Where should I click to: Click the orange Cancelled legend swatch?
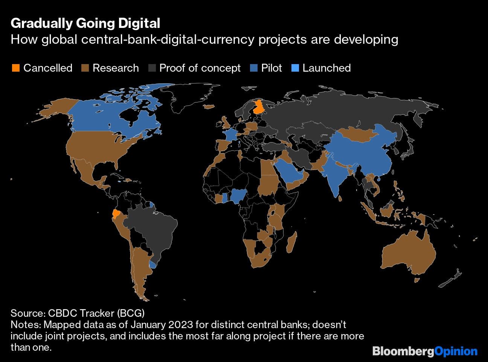tap(15, 68)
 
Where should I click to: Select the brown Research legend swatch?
tap(85, 68)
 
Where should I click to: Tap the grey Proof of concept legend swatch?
tap(152, 68)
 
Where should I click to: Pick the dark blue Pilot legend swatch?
tap(254, 68)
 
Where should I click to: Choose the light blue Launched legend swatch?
tap(295, 68)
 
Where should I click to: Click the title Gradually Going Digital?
tap(85, 23)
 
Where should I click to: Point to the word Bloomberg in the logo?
tap(403, 351)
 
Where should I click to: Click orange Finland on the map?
tap(259, 107)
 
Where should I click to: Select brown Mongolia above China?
tap(358, 134)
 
